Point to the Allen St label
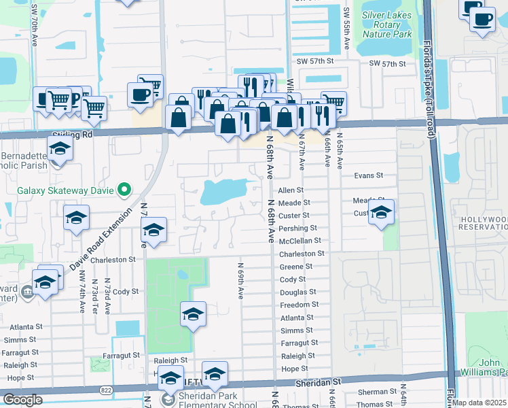click(x=291, y=190)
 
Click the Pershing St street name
click(x=298, y=228)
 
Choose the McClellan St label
click(x=300, y=241)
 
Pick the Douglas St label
click(x=297, y=292)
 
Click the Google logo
click(x=22, y=400)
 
